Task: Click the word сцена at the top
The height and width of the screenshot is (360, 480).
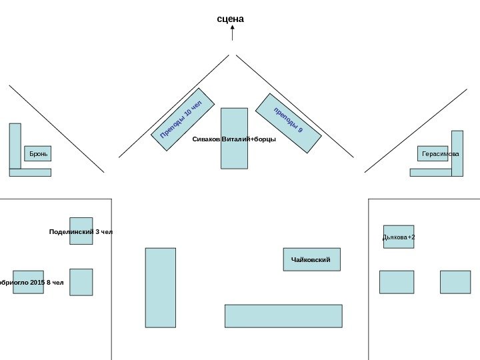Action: pos(231,19)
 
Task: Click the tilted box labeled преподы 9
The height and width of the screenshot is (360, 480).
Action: pos(289,123)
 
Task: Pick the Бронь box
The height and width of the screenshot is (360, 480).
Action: pos(37,154)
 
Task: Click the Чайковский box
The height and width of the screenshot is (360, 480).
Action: pos(311,259)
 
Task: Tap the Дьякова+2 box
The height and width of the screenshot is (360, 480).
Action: pos(399,237)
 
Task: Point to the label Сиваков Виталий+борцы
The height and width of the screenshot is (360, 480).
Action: pos(234,139)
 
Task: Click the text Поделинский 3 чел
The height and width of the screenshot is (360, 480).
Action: pos(81,232)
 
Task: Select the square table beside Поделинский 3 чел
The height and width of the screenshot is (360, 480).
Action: pos(81,231)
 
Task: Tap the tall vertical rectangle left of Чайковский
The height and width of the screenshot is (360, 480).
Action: pos(161,287)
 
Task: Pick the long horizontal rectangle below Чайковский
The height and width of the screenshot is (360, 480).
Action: pos(283,316)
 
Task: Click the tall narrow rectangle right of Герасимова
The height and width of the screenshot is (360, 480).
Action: pos(457,153)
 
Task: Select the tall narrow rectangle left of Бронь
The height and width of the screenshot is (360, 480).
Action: pos(15,146)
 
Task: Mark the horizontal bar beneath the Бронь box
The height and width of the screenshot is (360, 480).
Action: pos(30,172)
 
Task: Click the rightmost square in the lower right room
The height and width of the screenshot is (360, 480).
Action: pos(455,282)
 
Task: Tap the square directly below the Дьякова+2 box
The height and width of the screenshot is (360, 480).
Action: pos(397,282)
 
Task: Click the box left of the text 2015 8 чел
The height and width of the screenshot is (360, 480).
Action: pos(28,282)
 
